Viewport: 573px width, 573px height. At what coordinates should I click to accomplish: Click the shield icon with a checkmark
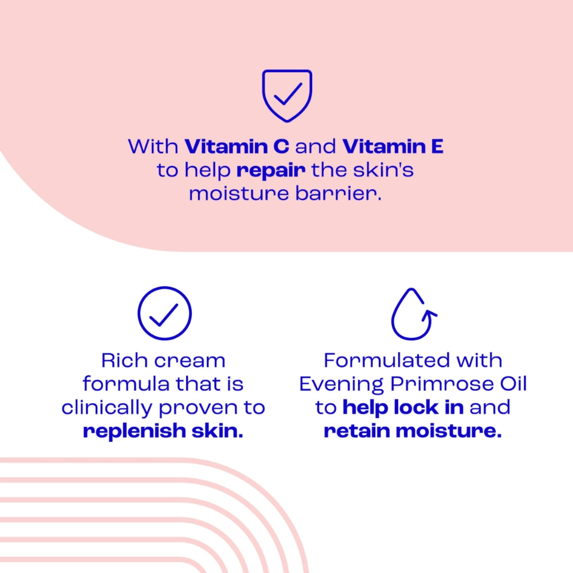tap(286, 95)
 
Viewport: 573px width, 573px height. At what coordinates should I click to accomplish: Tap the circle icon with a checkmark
tap(164, 313)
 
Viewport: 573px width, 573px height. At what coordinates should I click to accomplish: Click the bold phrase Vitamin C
tap(237, 147)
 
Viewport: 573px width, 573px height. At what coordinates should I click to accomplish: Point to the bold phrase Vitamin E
tap(393, 147)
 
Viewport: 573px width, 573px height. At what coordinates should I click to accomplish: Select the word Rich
tap(122, 360)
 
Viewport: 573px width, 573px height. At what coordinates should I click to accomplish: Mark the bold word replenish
tap(127, 431)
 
